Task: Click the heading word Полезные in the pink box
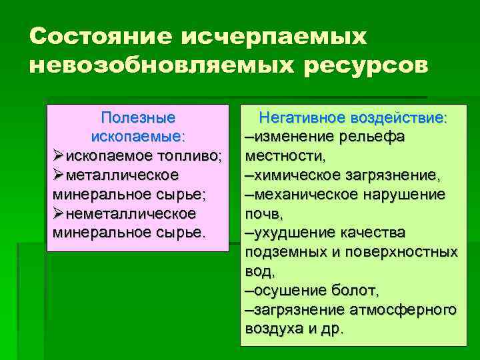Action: coord(138,118)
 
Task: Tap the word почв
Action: coord(263,214)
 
